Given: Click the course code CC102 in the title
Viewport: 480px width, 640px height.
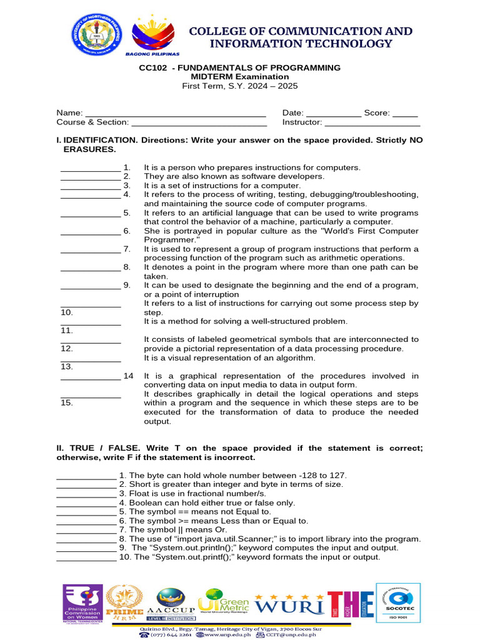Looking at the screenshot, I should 153,67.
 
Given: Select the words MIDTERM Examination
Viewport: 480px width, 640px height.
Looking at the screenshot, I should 240,77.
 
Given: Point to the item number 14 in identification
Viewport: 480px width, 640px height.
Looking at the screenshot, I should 128,376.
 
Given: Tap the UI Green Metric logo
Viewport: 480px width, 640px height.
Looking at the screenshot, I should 224,603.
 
